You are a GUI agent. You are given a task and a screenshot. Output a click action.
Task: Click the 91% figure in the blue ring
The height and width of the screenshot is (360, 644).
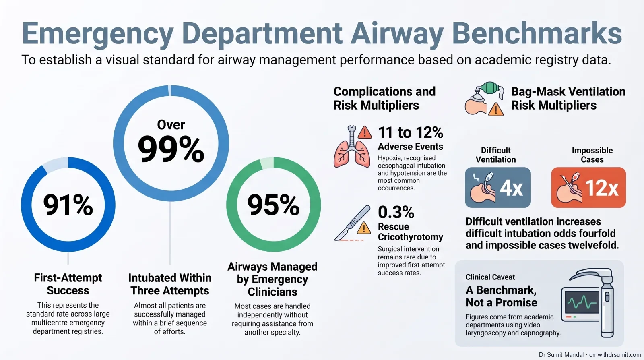(68, 205)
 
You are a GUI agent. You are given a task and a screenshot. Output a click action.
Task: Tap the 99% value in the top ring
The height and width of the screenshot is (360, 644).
(171, 149)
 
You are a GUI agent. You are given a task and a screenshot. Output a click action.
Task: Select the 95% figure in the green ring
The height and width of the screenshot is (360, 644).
(273, 205)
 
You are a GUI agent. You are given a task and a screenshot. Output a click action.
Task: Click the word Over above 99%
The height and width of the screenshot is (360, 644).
(171, 125)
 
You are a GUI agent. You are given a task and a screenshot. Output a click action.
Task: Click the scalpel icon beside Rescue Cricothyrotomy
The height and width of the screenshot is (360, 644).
(352, 223)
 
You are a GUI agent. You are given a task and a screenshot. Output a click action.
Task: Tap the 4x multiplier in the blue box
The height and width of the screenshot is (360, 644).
(511, 188)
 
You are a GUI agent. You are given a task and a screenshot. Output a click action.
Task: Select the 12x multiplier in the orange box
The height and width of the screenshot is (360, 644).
(601, 188)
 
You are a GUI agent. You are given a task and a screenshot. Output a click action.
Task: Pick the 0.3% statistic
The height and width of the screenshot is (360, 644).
(396, 212)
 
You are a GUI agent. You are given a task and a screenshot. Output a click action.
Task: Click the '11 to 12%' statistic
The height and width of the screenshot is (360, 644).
(411, 132)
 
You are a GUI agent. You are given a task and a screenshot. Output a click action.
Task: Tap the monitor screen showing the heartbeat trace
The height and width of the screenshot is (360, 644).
(582, 302)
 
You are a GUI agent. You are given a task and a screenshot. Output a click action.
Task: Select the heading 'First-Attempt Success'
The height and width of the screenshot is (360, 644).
(68, 284)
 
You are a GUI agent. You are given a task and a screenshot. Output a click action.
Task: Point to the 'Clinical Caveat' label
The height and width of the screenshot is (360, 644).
(490, 277)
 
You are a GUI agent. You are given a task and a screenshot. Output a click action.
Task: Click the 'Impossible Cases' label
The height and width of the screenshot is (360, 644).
(592, 155)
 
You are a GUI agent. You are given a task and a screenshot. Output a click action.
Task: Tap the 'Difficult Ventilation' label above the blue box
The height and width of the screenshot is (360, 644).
(495, 155)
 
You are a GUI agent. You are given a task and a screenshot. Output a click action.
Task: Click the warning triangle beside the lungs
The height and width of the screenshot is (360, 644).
(365, 132)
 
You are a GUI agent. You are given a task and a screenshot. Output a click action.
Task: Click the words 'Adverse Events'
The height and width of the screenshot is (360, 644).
(410, 147)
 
